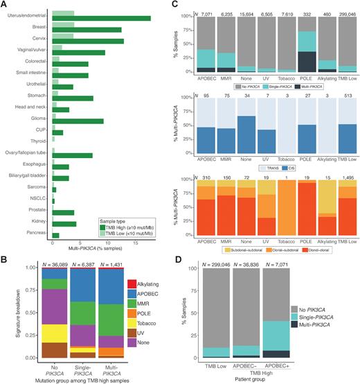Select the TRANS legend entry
tap(265, 167)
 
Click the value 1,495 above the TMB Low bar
tap(349, 178)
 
